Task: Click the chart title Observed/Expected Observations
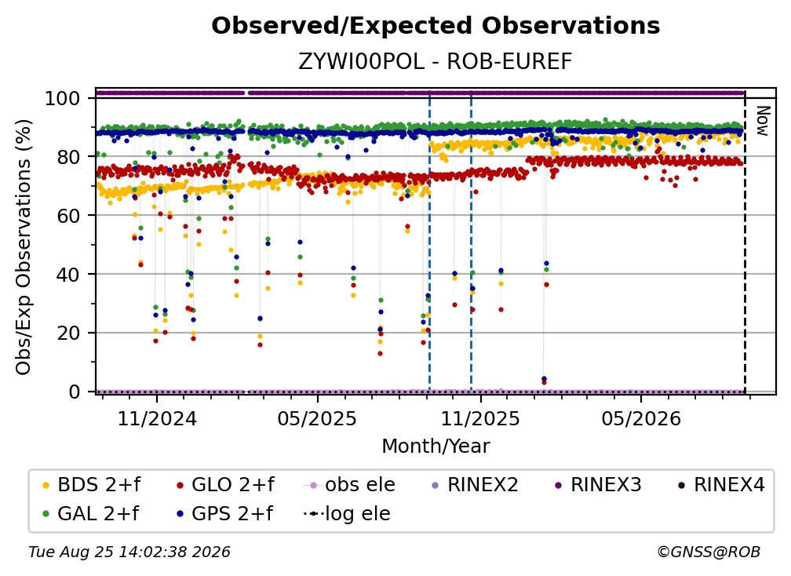(436, 26)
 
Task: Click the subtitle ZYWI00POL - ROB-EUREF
(436, 62)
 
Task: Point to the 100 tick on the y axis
(63, 98)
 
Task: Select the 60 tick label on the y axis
(68, 216)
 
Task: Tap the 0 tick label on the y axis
(75, 392)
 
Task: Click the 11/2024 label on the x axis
(157, 418)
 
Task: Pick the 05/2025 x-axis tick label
(317, 418)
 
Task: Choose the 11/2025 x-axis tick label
(481, 418)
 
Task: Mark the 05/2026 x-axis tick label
(641, 418)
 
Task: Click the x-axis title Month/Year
(436, 447)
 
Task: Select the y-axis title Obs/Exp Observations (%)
(24, 247)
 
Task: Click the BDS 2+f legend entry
(91, 485)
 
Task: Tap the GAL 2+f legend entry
(90, 514)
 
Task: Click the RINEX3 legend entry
(598, 485)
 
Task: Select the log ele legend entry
(347, 514)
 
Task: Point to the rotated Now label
(763, 121)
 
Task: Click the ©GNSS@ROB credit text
(709, 552)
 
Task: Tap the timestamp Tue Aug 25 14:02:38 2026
(129, 552)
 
